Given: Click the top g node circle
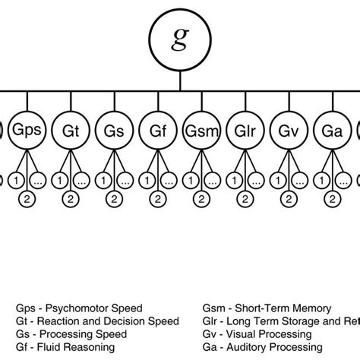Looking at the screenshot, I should [179, 41].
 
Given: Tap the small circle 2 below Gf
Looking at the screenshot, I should [158, 200].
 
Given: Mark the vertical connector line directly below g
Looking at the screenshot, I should [179, 79].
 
